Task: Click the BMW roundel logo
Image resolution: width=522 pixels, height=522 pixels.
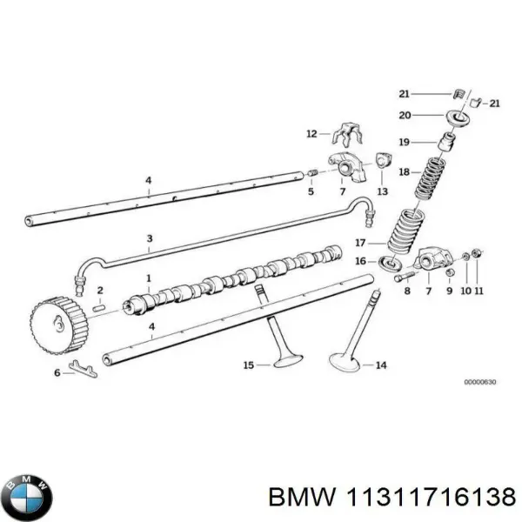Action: (28, 497)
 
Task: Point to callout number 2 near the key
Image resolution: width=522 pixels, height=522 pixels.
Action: (100, 290)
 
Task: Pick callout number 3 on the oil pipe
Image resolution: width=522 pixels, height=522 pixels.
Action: (149, 238)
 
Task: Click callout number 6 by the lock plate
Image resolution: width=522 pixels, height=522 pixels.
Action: (57, 372)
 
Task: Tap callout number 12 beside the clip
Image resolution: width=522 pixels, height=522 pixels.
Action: (311, 134)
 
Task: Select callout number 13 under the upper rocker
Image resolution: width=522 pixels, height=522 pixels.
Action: (382, 191)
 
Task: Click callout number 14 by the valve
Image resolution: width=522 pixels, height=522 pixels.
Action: (380, 365)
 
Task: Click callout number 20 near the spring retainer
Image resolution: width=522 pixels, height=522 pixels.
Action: (405, 114)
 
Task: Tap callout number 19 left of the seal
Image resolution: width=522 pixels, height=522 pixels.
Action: (405, 142)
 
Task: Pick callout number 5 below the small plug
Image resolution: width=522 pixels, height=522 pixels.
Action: (311, 191)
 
